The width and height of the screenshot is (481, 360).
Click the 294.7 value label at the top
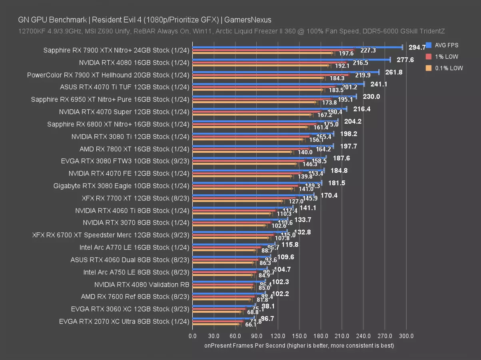point(417,47)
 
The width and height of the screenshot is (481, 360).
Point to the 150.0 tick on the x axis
point(299,336)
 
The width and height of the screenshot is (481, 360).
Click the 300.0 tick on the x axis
point(406,336)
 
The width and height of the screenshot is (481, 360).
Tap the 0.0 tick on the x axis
point(193,336)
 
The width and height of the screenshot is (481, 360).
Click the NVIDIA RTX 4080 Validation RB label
point(142,285)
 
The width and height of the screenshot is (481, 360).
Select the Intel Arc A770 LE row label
point(134,248)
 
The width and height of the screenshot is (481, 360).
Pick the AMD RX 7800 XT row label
point(134,149)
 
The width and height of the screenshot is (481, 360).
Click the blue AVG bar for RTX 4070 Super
point(269,108)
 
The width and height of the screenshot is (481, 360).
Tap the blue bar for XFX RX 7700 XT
point(253,195)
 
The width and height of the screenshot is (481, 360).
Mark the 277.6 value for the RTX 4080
point(405,60)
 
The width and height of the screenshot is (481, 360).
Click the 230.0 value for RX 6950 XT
point(371,97)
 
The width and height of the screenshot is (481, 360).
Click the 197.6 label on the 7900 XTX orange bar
point(346,54)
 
